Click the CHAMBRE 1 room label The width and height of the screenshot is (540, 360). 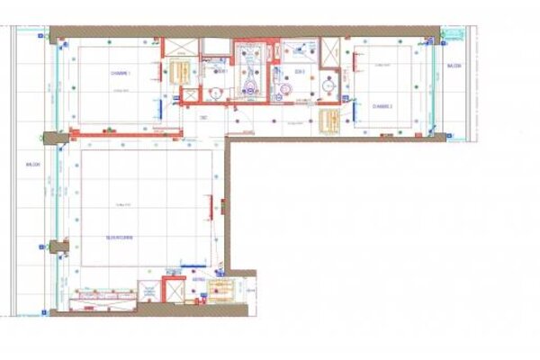pos(121,73)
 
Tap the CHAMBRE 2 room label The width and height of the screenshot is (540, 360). pos(383,105)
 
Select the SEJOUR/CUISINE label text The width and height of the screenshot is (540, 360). pos(120,237)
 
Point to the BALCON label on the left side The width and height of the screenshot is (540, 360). pos(34,164)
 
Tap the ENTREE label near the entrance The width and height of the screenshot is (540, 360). pos(198,281)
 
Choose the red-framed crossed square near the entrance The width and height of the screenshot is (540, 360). pos(172,292)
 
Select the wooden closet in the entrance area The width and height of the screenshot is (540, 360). pos(220,290)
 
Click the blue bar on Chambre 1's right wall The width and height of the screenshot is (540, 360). pos(160,106)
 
